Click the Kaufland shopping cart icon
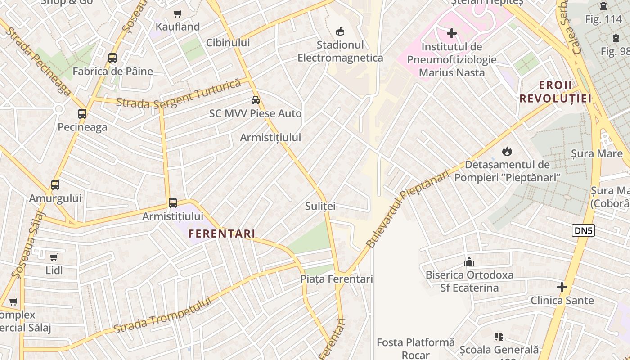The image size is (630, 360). [178, 14]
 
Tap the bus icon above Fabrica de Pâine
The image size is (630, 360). [112, 58]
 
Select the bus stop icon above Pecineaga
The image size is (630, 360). [82, 114]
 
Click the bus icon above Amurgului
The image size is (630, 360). [55, 185]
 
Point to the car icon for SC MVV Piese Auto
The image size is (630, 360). [256, 100]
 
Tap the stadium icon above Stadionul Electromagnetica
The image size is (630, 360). [340, 31]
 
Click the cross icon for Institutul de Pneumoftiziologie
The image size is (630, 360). [452, 33]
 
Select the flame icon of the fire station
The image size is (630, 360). [507, 152]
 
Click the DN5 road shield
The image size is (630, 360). [584, 231]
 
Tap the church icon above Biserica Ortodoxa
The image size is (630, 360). [469, 261]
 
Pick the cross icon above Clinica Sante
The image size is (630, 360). [562, 287]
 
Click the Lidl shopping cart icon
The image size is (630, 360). [54, 257]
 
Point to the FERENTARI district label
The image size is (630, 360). [222, 234]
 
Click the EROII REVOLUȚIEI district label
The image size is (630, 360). [555, 92]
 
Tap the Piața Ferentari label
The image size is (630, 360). [337, 279]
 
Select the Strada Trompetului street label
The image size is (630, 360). [162, 315]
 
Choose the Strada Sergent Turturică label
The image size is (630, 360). [179, 94]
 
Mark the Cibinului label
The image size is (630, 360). [228, 43]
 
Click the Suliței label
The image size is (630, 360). [320, 206]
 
